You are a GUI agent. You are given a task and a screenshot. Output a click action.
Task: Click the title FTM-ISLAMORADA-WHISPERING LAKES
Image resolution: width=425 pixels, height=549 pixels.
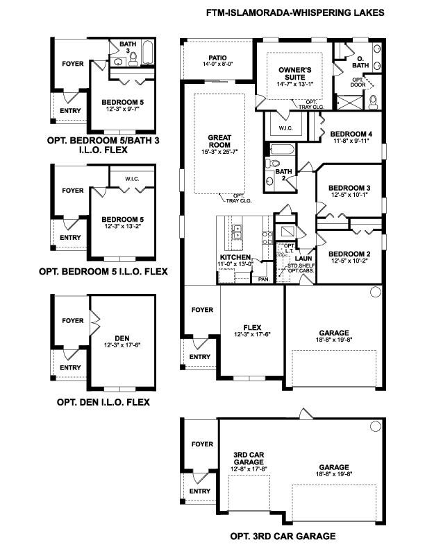(x=294, y=12)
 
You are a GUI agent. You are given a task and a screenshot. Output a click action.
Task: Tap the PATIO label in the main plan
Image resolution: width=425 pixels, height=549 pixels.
(x=219, y=58)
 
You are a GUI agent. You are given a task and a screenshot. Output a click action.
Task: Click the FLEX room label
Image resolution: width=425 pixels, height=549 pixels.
(x=251, y=326)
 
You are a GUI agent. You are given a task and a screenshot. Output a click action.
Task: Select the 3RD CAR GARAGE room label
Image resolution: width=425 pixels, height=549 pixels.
(x=248, y=459)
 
